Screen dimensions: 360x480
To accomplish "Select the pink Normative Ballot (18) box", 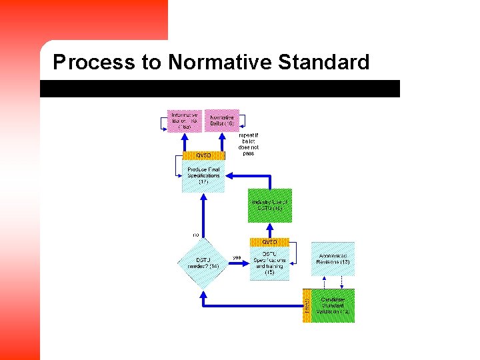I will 221,121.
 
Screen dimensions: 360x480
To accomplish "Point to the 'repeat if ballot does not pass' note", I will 249,144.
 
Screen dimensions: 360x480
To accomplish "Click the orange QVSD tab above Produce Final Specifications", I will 203,155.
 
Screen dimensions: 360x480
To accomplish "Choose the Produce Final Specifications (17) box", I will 203,176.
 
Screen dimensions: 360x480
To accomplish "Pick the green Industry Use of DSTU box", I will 270,205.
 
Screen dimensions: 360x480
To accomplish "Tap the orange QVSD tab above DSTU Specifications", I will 269,242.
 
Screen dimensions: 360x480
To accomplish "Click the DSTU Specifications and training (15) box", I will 269,263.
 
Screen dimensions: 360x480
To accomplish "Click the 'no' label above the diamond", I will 196,235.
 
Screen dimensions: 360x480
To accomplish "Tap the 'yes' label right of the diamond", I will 237,257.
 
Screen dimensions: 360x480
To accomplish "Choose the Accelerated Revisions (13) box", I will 333,259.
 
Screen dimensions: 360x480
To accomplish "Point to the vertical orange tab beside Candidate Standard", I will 307,305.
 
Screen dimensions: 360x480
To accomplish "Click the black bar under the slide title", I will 220,89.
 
